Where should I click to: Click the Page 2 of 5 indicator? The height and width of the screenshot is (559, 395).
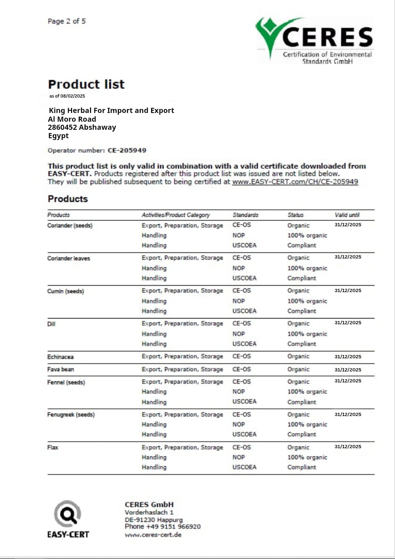(67, 21)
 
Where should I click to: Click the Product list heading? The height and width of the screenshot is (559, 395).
(86, 84)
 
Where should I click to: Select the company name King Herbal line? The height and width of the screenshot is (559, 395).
(111, 110)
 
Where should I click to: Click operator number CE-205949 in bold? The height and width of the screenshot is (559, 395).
(127, 150)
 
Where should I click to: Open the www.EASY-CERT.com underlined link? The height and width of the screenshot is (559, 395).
(295, 182)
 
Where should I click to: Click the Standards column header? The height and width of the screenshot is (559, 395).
(245, 215)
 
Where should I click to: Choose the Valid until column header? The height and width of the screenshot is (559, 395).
(347, 215)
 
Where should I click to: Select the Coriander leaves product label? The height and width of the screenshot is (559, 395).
(68, 258)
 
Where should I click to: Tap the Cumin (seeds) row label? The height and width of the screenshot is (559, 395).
(65, 291)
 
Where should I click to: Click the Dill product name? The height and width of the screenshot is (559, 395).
(51, 324)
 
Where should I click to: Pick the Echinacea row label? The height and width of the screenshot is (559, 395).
(60, 357)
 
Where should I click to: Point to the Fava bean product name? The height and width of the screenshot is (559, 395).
(60, 370)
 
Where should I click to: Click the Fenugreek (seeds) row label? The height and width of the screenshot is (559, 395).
(71, 415)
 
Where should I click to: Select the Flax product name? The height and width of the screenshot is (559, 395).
(53, 447)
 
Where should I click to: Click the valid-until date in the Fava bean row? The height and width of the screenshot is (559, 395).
(348, 370)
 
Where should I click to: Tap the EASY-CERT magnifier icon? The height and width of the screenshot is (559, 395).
(68, 514)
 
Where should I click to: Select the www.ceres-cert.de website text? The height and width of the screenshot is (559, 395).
(153, 535)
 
